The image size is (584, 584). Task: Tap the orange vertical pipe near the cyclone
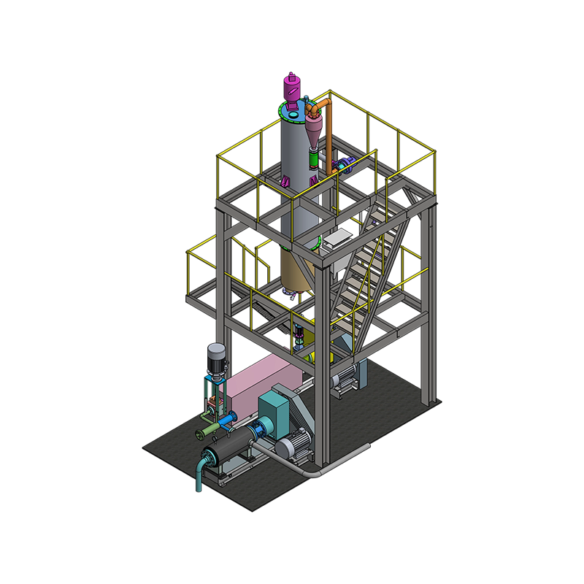(328, 135)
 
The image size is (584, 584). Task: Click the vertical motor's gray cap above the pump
(216, 352)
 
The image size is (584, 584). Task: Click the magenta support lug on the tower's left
(283, 178)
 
